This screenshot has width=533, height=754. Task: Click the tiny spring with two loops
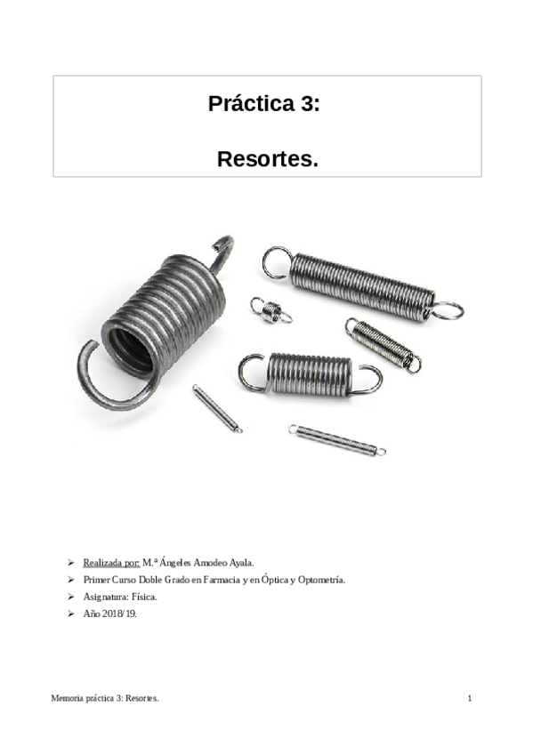[x=271, y=310]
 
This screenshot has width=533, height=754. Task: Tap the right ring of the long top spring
[x=446, y=310]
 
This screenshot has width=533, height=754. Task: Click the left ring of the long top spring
[x=276, y=262]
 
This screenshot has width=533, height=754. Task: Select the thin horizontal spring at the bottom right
[x=337, y=440]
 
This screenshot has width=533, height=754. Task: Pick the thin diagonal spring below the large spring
[x=216, y=408]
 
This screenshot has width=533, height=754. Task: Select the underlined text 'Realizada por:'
[x=111, y=563]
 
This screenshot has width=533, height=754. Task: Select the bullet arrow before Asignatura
[x=71, y=597]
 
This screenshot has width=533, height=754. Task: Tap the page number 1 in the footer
[x=469, y=699]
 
